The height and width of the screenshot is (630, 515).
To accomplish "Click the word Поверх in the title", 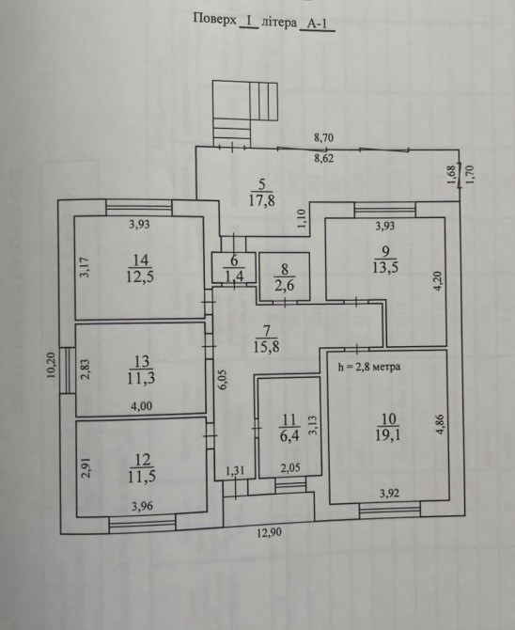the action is (x=215, y=20).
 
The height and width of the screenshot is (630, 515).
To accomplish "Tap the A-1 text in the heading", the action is (x=317, y=24).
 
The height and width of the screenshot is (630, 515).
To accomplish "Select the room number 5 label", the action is (x=262, y=184).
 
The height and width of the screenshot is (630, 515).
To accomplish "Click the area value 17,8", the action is (x=262, y=199).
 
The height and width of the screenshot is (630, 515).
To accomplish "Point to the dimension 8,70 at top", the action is (x=323, y=138).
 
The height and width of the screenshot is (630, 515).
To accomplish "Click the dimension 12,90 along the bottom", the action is (x=269, y=532).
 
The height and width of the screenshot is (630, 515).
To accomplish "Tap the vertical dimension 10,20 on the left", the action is (x=51, y=366).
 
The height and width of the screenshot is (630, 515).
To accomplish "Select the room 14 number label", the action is (x=140, y=260).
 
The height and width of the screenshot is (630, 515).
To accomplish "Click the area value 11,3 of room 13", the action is (x=141, y=378).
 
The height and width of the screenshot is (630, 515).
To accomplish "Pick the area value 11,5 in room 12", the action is (x=141, y=476).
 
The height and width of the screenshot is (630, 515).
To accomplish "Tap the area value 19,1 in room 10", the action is (x=387, y=435).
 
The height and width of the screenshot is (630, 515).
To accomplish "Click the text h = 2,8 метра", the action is (x=369, y=367).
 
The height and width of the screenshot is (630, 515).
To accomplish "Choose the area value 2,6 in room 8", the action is (x=285, y=285).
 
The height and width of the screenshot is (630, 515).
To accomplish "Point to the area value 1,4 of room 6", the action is (x=234, y=276).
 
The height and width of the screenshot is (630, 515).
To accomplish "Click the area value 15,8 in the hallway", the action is (x=266, y=346).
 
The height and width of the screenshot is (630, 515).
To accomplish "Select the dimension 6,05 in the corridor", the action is (x=224, y=380).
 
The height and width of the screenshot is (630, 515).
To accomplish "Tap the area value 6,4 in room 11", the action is (x=289, y=436).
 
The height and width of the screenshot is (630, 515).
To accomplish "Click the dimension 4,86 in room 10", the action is (x=441, y=424).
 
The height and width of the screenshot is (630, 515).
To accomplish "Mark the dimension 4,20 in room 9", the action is (x=438, y=282).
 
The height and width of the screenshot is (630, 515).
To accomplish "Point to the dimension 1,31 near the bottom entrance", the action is (x=235, y=470).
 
